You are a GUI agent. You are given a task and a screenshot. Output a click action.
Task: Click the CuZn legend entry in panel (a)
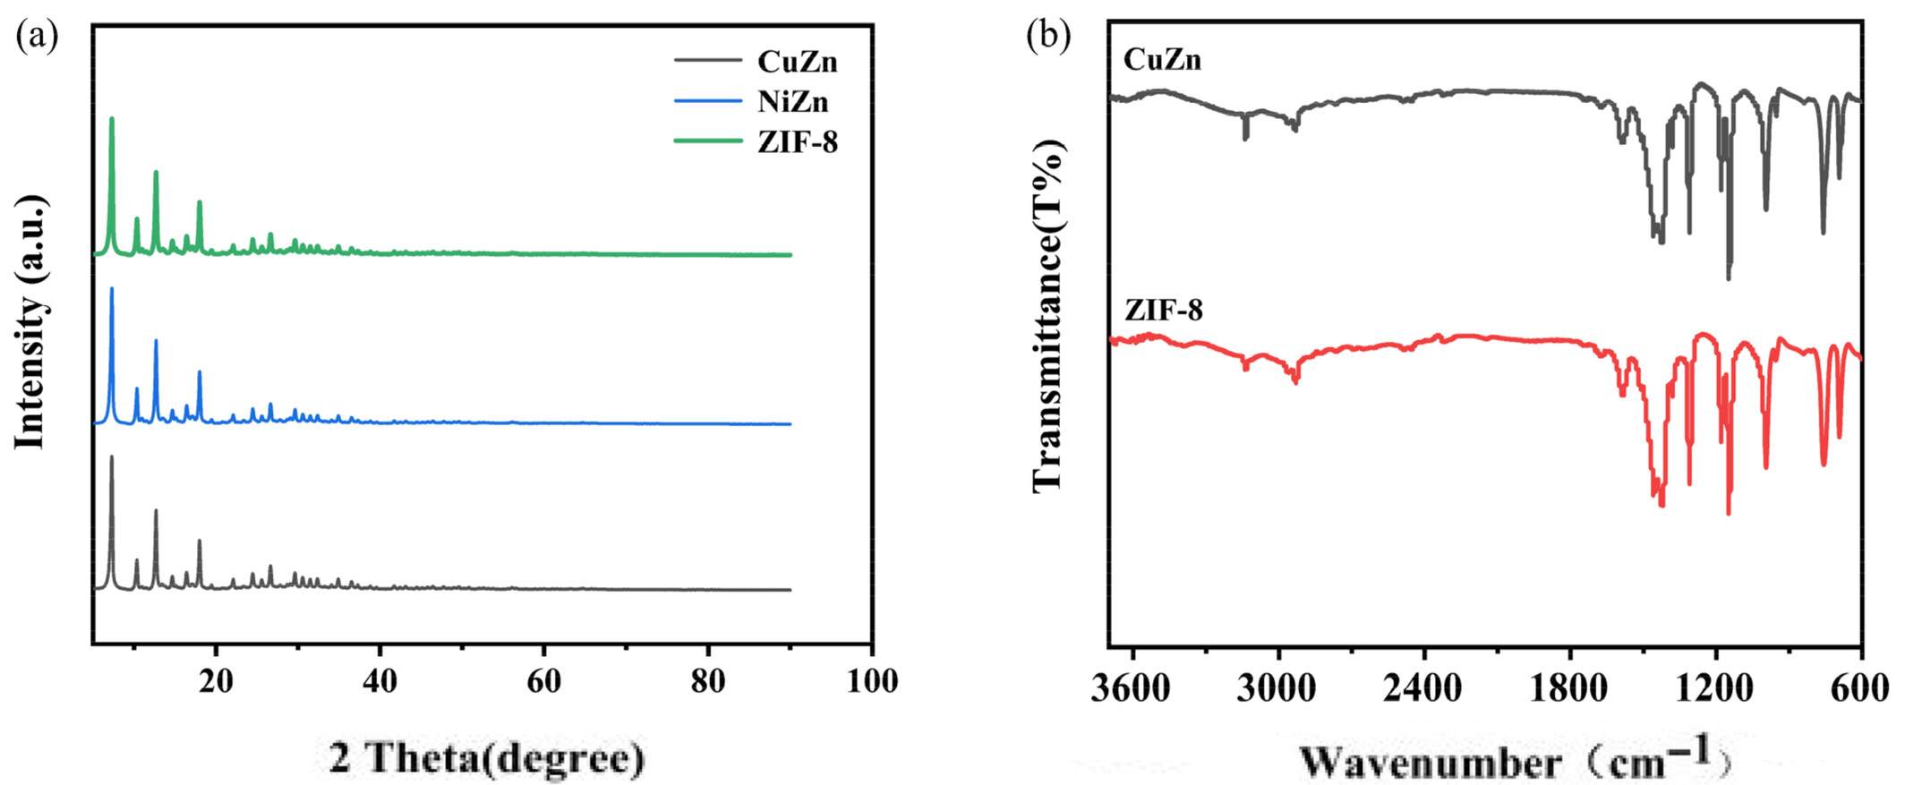click(797, 61)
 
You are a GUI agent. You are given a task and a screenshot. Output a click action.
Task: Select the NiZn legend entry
click(793, 102)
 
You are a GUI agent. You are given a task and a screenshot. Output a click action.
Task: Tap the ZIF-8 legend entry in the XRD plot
click(797, 142)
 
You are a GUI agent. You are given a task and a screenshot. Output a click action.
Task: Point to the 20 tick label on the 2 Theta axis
click(216, 681)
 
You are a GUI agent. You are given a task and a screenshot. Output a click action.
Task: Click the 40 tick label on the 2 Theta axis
click(380, 681)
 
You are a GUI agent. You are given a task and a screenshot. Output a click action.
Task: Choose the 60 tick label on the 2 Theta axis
click(543, 681)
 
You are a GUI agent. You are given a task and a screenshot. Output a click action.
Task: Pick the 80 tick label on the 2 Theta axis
click(708, 681)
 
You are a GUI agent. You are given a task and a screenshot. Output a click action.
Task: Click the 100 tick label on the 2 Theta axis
click(871, 681)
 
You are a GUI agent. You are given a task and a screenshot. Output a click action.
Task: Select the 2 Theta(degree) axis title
click(487, 758)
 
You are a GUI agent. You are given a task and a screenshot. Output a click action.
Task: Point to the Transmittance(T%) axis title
click(1048, 315)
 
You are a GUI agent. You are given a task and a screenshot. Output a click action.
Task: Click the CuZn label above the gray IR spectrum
click(1162, 60)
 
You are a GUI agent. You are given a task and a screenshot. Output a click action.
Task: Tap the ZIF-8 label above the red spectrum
click(1163, 311)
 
